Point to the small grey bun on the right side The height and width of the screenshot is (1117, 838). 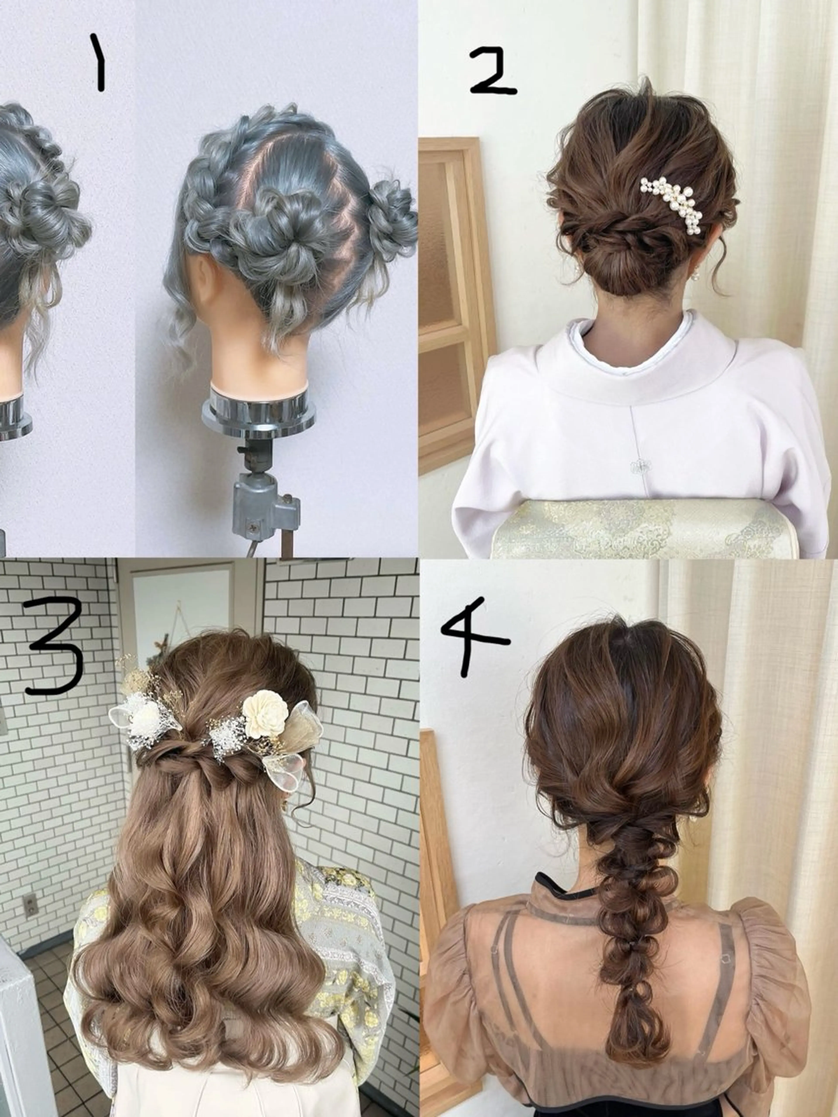click(x=392, y=217)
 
